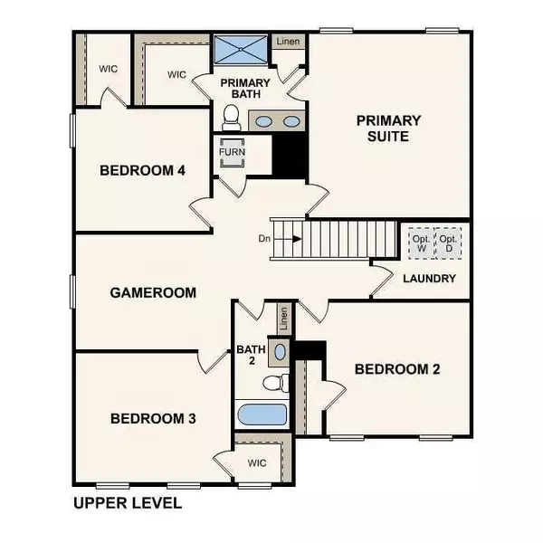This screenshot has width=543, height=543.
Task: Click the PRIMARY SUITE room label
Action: tap(388, 129)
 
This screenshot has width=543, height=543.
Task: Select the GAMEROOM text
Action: tap(154, 292)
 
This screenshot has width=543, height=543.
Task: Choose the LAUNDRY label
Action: tap(430, 279)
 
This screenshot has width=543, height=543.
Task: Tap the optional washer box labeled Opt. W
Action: tap(421, 243)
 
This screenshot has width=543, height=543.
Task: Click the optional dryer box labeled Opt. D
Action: tap(447, 243)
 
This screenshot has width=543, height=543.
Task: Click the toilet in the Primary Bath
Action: tap(230, 116)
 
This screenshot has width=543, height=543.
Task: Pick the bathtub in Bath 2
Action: tap(262, 417)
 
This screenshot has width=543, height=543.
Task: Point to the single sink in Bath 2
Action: tap(280, 352)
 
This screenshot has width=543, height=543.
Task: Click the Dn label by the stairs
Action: tap(264, 239)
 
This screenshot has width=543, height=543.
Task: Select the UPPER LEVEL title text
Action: tap(126, 501)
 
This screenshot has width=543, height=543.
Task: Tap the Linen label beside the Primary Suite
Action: tap(290, 41)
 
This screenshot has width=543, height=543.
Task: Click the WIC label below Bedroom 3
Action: tap(257, 463)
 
